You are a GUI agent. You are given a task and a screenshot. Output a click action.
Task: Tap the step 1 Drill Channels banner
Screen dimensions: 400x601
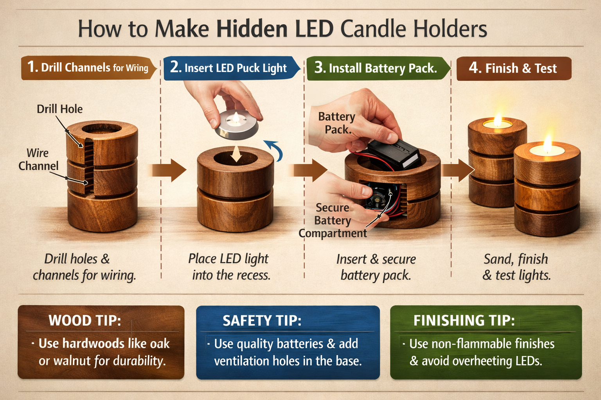88,68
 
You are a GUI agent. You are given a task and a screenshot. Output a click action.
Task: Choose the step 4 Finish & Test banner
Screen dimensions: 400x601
513,68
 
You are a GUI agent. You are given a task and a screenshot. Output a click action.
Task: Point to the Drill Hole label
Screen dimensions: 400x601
59,109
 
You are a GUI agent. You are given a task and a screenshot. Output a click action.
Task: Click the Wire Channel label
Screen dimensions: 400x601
38,159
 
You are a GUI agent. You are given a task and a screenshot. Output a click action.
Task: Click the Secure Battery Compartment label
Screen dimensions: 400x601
333,221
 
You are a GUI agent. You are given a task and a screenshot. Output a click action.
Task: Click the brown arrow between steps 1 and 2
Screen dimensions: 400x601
168,170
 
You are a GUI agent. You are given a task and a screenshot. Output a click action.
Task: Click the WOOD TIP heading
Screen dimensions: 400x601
85,321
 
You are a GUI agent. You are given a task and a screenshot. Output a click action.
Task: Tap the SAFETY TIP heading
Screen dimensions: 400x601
262,321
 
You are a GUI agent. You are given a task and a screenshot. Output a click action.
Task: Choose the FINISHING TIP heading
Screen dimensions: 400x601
464,321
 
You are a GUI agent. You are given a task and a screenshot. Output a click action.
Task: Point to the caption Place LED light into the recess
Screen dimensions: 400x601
230,267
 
